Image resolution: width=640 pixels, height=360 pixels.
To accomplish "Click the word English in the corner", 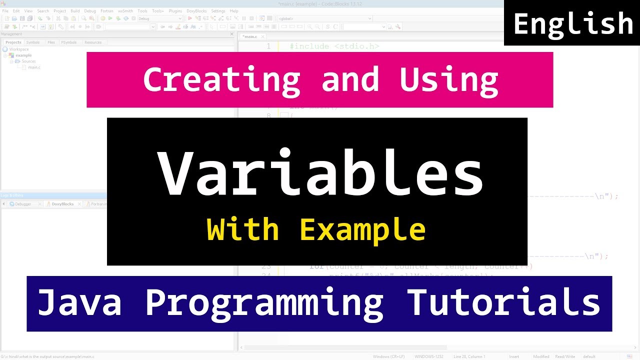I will point(573,24).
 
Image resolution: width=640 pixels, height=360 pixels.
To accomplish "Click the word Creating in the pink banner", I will point(221,79).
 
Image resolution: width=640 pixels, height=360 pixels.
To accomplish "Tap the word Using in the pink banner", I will point(448,79).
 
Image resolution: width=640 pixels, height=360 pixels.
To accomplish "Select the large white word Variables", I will point(320,173).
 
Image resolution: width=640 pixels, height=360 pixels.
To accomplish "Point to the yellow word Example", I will point(362,230).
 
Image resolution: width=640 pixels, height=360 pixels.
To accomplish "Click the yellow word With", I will point(242,230).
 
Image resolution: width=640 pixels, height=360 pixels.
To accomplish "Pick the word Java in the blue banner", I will point(79,303).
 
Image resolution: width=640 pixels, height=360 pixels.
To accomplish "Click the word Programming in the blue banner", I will point(264,303).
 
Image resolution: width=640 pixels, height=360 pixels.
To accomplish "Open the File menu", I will point(5,11).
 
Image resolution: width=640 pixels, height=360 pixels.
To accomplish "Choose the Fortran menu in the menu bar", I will point(107,11).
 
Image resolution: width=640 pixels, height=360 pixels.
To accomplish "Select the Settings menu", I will point(218,11).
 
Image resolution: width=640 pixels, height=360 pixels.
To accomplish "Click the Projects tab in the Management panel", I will point(13,42).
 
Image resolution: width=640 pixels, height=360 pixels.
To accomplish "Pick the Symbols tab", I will point(33,42).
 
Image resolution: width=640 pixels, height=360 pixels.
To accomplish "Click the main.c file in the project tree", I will point(34,67).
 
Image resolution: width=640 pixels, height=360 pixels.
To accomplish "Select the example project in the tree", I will point(23,55).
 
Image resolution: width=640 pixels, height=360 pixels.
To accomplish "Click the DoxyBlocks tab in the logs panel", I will point(62,204).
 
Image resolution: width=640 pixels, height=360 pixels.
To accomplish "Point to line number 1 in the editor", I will point(268,46).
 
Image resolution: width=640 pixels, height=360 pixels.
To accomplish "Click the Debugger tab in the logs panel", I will point(23,204).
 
